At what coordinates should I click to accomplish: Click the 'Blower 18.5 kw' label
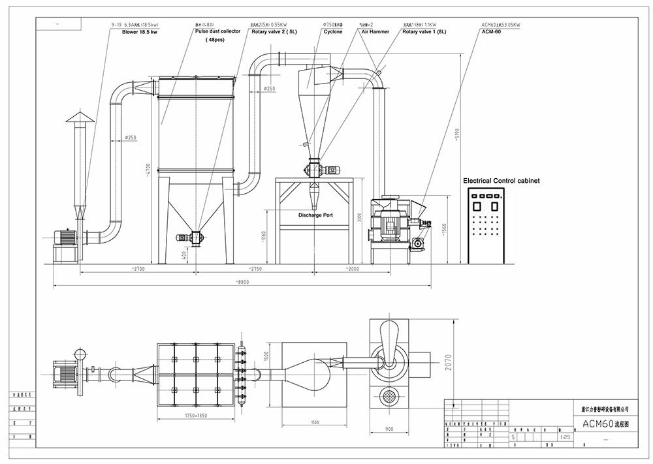[139, 31]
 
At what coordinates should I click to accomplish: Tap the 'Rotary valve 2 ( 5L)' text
[274, 31]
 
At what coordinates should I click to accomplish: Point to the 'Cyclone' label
[332, 31]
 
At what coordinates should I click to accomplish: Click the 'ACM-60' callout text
[491, 31]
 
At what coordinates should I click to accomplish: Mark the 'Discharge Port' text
[316, 215]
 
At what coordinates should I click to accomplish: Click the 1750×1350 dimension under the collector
[197, 415]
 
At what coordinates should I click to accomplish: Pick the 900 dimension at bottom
[389, 429]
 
